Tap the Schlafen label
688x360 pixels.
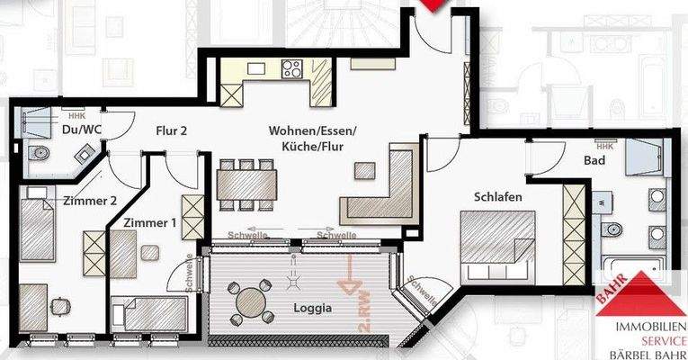[500, 196]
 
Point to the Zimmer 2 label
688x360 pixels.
[90, 201]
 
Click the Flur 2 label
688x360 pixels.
[171, 131]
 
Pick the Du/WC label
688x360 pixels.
[78, 130]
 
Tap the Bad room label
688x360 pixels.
[593, 160]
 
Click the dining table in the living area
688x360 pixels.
[247, 184]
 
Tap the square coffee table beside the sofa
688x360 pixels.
[366, 169]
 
